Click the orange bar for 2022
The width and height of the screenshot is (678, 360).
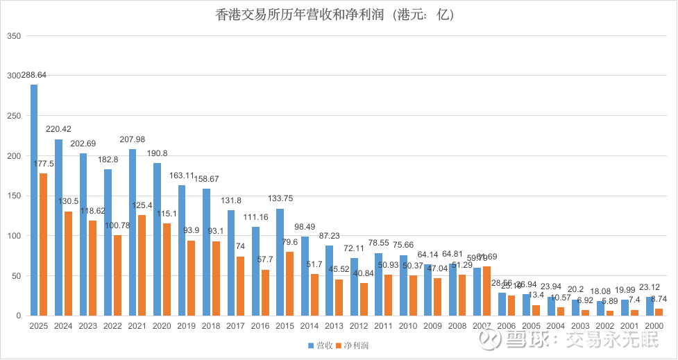tap(117, 275)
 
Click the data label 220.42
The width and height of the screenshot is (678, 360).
tap(58, 129)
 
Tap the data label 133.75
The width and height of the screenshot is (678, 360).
tap(280, 198)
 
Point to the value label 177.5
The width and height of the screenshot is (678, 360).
tap(43, 164)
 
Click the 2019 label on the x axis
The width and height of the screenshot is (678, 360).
tap(186, 325)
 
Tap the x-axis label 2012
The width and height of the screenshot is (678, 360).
tap(358, 325)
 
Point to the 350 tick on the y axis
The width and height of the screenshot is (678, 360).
tap(15, 35)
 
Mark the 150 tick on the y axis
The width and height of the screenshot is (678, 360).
tap(15, 196)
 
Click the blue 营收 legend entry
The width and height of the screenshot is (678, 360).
tap(319, 345)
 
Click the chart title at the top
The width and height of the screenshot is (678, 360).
tap(339, 15)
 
